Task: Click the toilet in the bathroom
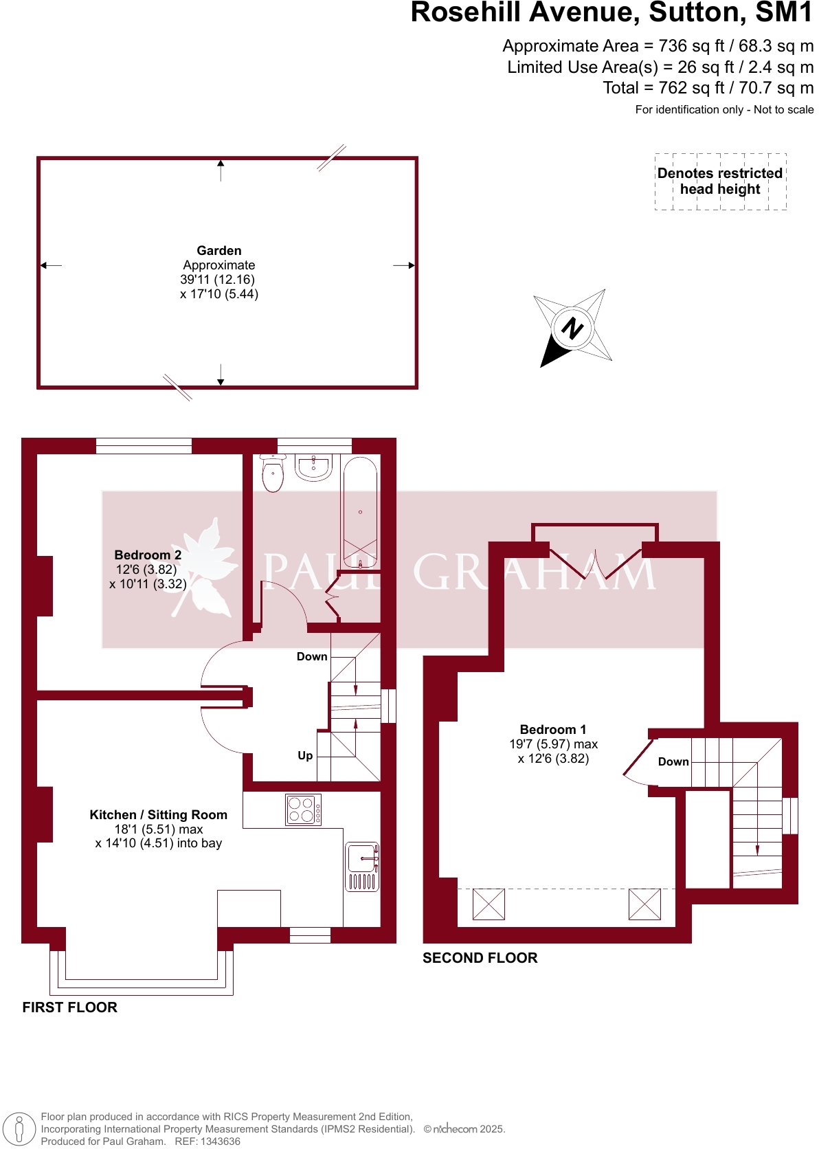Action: click(273, 474)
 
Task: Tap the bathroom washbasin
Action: click(314, 467)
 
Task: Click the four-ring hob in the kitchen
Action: click(303, 810)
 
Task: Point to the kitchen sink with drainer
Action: click(362, 866)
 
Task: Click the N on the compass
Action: click(572, 328)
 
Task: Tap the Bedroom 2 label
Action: click(148, 555)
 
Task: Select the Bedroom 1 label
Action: click(552, 729)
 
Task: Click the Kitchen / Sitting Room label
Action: click(158, 814)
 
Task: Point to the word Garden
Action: click(218, 250)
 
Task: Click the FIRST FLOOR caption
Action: click(69, 1007)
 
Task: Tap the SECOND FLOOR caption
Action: click(480, 957)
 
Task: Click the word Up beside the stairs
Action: click(305, 755)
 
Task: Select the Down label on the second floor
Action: click(673, 761)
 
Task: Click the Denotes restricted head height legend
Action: click(720, 181)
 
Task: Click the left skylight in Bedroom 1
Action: click(489, 904)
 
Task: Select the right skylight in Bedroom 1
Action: click(644, 904)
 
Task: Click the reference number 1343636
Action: click(217, 1141)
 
